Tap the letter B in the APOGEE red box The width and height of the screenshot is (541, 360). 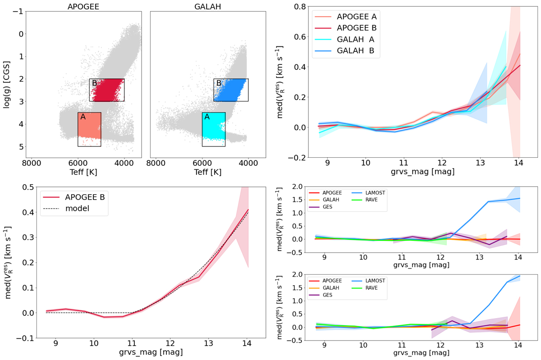[94, 83]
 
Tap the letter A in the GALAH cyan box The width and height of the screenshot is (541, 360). [207, 117]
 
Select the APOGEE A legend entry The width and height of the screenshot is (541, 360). [356, 17]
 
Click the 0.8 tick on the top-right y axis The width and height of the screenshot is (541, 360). [296, 7]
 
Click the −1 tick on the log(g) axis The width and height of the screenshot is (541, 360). [15, 11]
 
